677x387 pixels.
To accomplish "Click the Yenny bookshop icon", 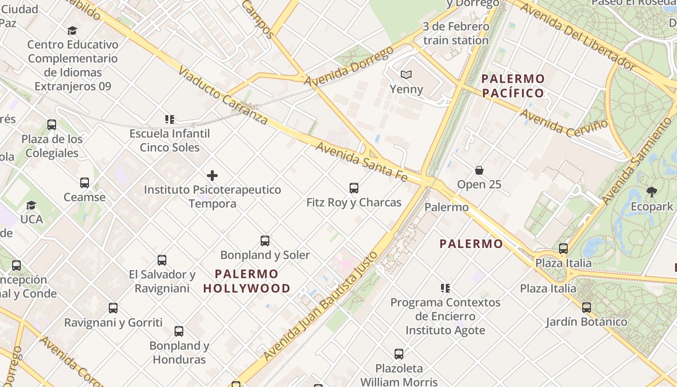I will pos(406,75).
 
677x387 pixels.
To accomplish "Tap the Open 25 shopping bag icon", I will pos(479,170).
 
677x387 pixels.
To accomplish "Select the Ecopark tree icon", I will pos(652,192).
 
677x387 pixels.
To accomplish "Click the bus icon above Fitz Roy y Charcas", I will pos(354,188).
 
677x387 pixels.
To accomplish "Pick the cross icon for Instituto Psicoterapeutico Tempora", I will pos(212,176).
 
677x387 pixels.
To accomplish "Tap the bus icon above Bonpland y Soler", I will pos(265,240).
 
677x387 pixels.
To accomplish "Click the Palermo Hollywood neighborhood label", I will pos(247,281).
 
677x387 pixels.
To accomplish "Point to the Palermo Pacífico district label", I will pos(513,86).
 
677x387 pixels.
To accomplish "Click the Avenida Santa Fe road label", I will pos(362,162).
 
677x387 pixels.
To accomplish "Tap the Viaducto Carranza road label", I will pos(222,95).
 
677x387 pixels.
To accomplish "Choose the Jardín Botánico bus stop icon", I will pos(587,307).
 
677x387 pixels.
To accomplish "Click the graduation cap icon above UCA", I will pos(31,205).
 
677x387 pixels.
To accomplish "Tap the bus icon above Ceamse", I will pos(85,183).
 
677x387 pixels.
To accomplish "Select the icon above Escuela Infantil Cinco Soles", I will pos(169,119).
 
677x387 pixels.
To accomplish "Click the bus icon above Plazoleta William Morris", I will pos(399,354).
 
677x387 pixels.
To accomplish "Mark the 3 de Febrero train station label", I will pos(456,33).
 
